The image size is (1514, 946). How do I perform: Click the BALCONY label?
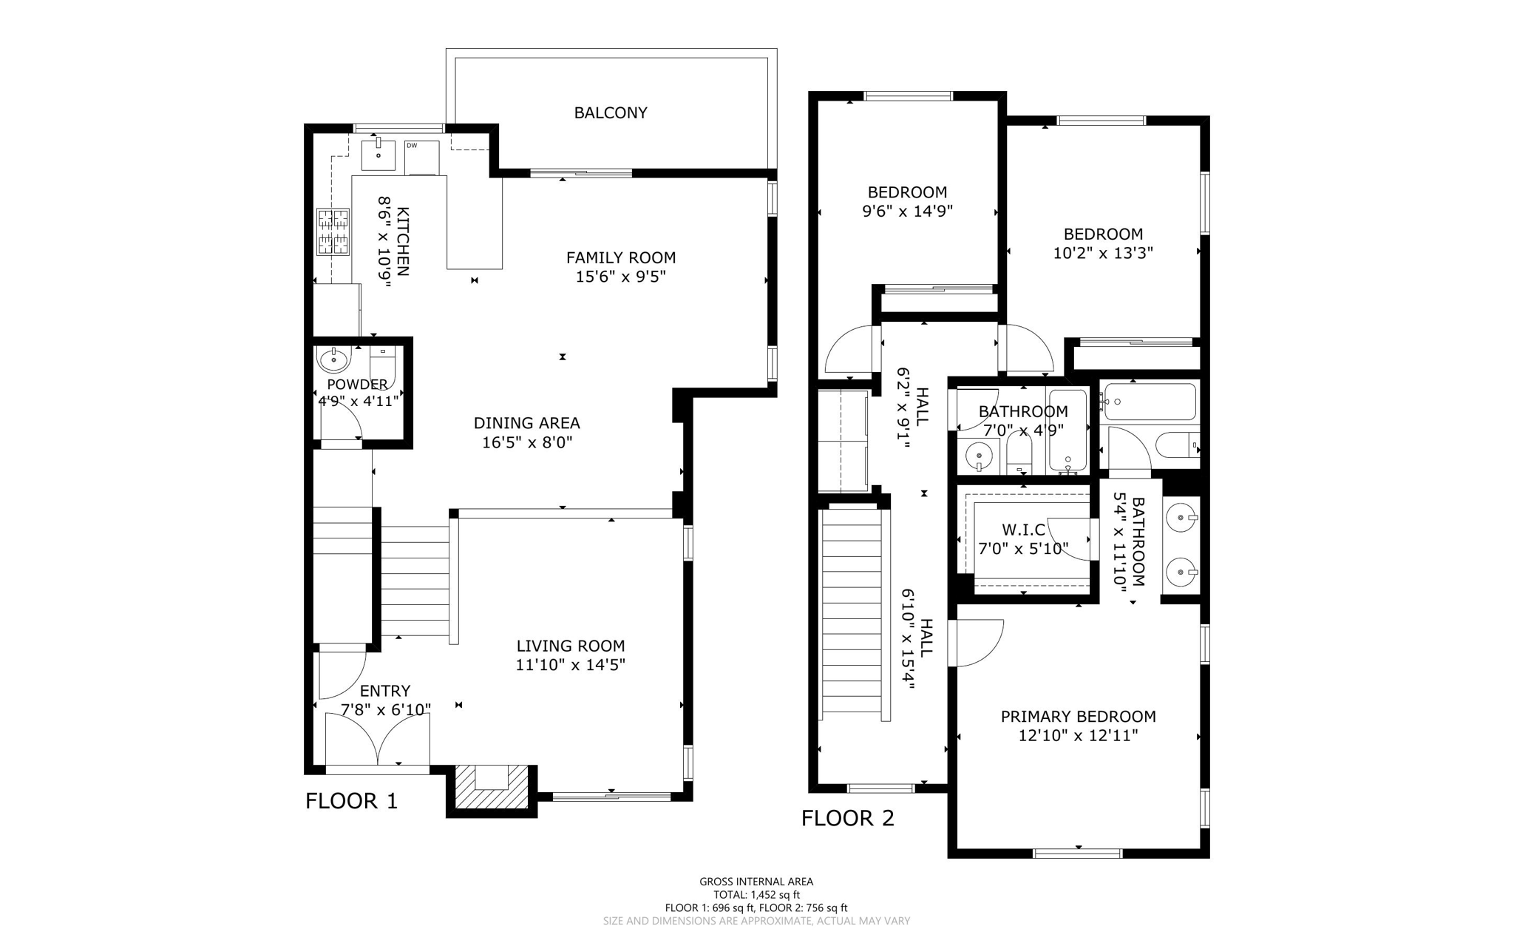pos(611,113)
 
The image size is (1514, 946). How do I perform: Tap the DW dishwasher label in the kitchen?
pos(412,146)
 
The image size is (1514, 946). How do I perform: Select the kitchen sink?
pos(378,155)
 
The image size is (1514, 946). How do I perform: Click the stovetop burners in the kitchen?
pos(333,232)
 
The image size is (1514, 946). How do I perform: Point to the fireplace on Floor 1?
pos(492,787)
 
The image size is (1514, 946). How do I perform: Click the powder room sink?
pos(333,359)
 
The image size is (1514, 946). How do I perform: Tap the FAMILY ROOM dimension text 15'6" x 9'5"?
pos(621,277)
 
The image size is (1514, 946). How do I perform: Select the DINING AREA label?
pos(526,424)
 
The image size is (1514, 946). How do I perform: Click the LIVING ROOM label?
pos(571,646)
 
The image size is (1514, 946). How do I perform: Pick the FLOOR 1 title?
pos(352,801)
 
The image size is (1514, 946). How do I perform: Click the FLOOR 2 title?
pos(848,818)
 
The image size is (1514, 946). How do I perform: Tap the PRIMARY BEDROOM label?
pos(1079,717)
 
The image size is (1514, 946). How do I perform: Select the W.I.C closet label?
pos(1024,530)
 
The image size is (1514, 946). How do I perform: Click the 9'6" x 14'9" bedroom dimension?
pos(908,212)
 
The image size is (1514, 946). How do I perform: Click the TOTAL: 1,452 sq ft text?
pos(756,895)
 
